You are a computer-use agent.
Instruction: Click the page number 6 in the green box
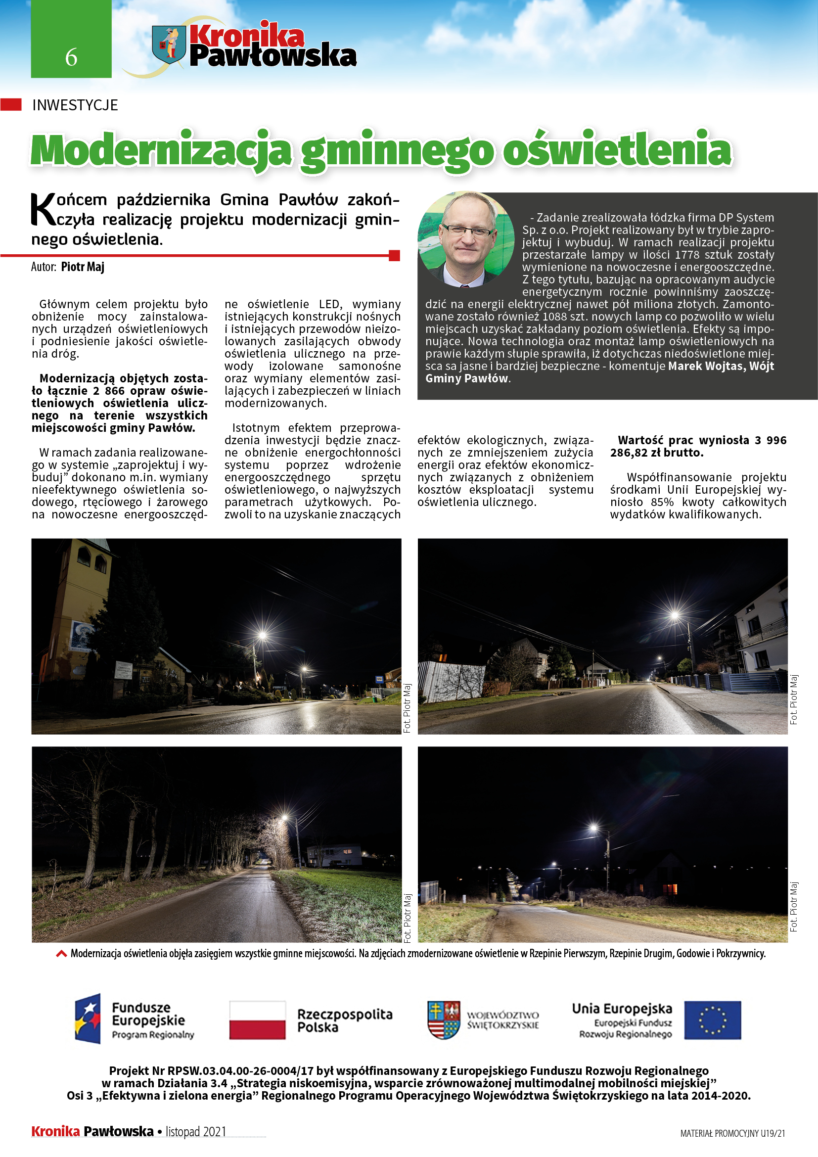(71, 57)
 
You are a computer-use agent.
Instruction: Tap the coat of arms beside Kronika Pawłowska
(169, 45)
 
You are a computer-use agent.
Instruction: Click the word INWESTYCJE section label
(75, 105)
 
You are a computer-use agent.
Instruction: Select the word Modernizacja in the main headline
(161, 151)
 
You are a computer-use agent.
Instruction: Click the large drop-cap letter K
(43, 210)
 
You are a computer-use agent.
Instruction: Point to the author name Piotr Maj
(83, 267)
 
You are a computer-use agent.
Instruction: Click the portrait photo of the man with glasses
(466, 239)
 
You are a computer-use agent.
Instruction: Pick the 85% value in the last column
(662, 502)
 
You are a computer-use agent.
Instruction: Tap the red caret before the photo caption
(61, 953)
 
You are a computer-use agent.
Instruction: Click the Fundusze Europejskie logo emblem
(88, 1018)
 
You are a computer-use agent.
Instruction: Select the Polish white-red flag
(257, 1020)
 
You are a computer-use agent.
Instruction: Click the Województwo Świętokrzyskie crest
(443, 1020)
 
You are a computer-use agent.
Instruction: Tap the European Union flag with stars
(712, 1020)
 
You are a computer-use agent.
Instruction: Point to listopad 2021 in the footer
(196, 1131)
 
